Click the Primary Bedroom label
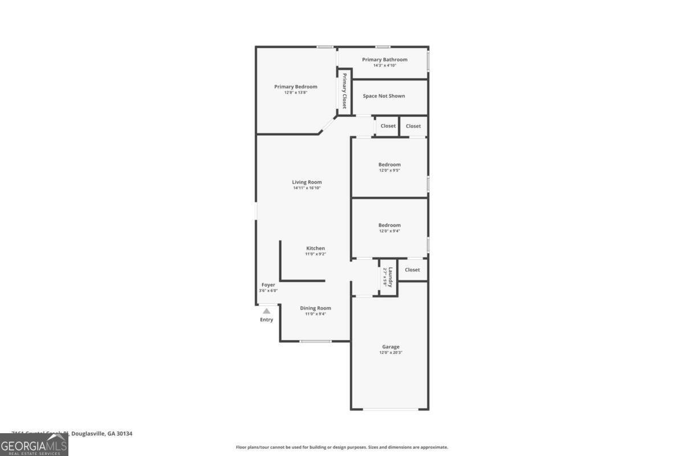point(295,87)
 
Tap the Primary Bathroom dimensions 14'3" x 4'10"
point(384,66)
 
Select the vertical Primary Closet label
point(344,91)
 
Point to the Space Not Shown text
point(384,96)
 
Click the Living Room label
point(307,182)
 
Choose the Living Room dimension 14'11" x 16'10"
point(307,188)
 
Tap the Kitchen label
point(315,248)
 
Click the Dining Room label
point(315,308)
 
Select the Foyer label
point(268,284)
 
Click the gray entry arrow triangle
point(266,311)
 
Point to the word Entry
point(266,320)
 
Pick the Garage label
point(390,347)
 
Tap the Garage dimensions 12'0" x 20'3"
point(390,353)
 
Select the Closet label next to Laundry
point(412,270)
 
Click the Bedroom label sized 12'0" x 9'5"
point(389,165)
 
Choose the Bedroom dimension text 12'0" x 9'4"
point(389,231)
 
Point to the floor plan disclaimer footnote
point(341,447)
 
